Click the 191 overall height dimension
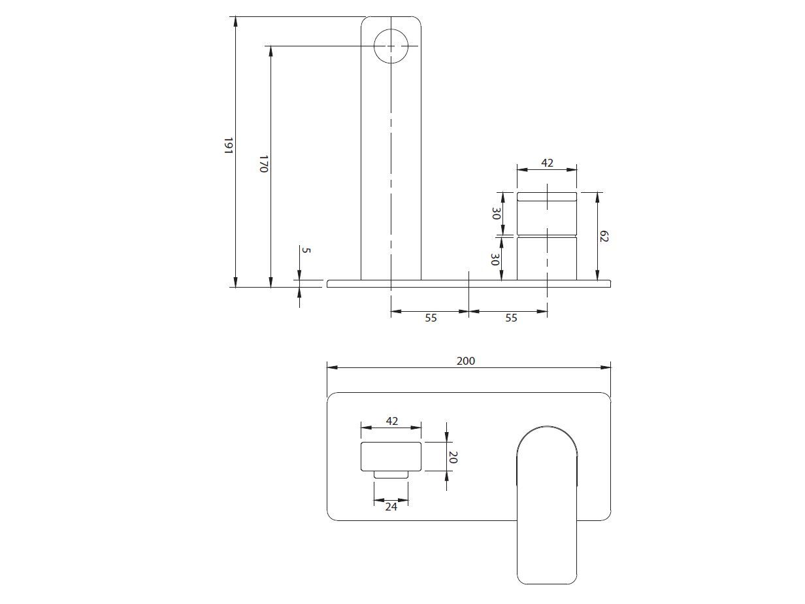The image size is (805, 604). [228, 146]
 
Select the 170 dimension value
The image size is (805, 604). [263, 163]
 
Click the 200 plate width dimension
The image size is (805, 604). [466, 361]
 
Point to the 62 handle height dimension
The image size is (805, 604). [603, 236]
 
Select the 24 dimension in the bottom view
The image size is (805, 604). [391, 506]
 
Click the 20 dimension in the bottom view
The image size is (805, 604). [452, 457]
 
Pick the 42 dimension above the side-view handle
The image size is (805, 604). [547, 163]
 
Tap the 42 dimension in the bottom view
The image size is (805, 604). [391, 421]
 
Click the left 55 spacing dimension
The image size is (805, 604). [431, 318]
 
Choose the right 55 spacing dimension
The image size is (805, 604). [511, 318]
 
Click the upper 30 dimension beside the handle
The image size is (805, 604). [496, 214]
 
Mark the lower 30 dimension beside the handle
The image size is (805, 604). [495, 260]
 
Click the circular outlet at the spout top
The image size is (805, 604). [391, 46]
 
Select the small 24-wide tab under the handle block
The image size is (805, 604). [391, 475]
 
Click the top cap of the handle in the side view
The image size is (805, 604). [547, 196]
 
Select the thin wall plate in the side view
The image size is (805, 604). [468, 284]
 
